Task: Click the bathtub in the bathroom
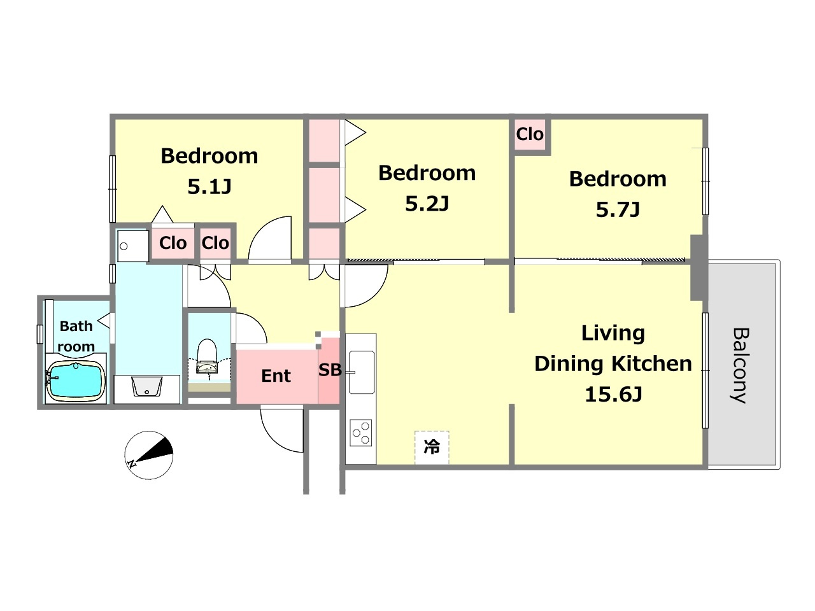pyautogui.click(x=76, y=382)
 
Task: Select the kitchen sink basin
pyautogui.click(x=361, y=372)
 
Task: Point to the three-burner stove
pyautogui.click(x=361, y=433)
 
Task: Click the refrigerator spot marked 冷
pyautogui.click(x=432, y=447)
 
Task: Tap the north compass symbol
pyautogui.click(x=149, y=455)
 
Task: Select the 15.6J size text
pyautogui.click(x=613, y=395)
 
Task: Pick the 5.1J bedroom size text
pyautogui.click(x=209, y=186)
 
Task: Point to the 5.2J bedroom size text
pyautogui.click(x=427, y=204)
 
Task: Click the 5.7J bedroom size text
pyautogui.click(x=618, y=209)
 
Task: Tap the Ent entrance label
pyautogui.click(x=276, y=376)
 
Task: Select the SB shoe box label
pyautogui.click(x=330, y=370)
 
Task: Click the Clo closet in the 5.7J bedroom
pyautogui.click(x=530, y=134)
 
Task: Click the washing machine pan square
pyautogui.click(x=131, y=246)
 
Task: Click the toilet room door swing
pyautogui.click(x=251, y=329)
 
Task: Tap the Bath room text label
pyautogui.click(x=76, y=336)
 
